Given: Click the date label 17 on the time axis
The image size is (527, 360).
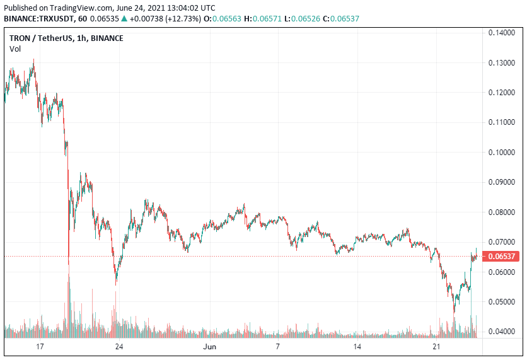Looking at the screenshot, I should [x=40, y=347].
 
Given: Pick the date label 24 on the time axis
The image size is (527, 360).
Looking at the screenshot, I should [x=119, y=347].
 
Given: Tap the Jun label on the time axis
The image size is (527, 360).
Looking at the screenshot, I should [x=209, y=347].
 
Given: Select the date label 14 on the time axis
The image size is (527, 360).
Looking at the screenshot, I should [x=357, y=347].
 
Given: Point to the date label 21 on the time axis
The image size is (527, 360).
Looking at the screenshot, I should [x=436, y=347].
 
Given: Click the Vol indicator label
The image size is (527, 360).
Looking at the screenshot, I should [x=14, y=49].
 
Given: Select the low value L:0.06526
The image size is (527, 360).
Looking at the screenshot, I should [x=314, y=19].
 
